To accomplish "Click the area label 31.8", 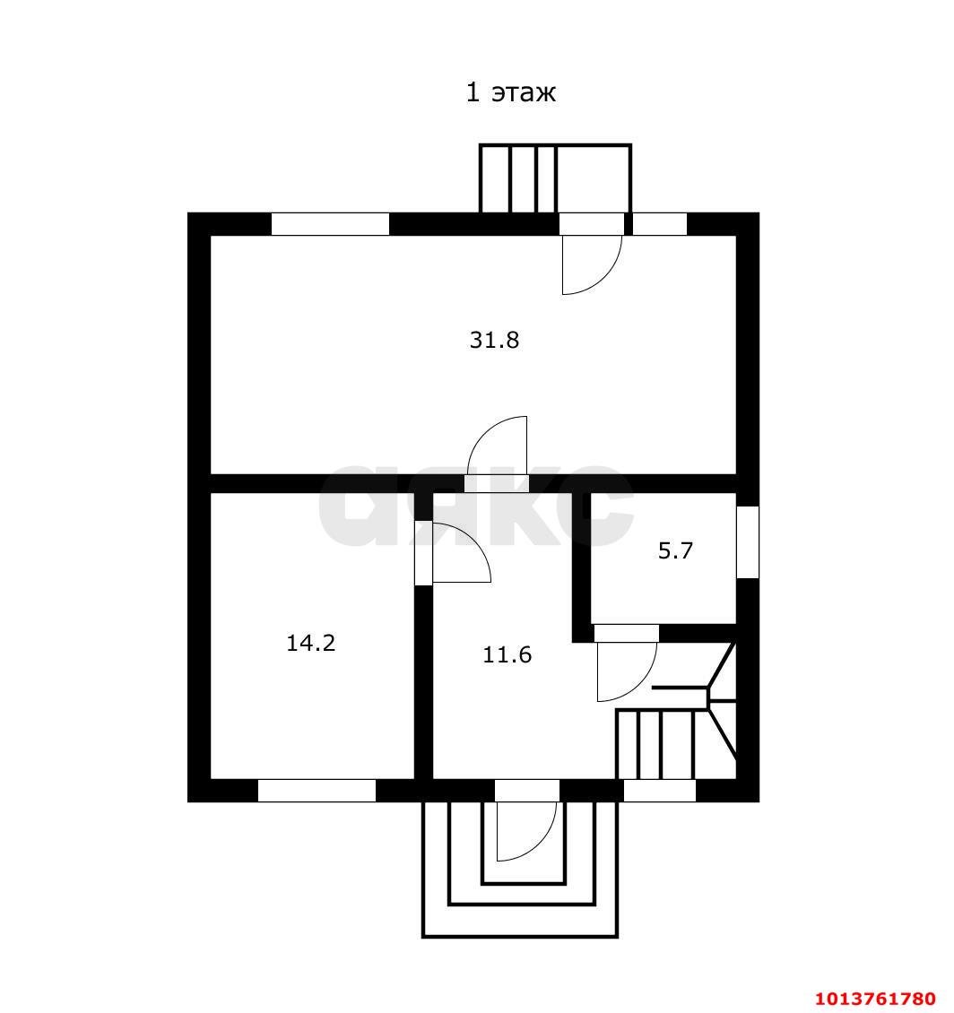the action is [494, 339].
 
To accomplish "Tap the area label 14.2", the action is [311, 643].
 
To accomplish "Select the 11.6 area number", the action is [507, 655].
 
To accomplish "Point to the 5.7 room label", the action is [675, 550].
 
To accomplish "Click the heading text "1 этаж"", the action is [510, 92].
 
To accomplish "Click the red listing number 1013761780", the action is [875, 999].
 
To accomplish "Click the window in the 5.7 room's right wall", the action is [748, 542].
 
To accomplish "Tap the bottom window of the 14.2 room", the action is [317, 791].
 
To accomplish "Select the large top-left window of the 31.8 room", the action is [330, 224].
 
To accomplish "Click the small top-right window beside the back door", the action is [659, 224].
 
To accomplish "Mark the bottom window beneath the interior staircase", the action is [660, 791].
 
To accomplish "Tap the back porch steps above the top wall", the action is [555, 178].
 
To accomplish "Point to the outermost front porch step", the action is [520, 936].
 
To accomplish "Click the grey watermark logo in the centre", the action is [476, 505].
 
